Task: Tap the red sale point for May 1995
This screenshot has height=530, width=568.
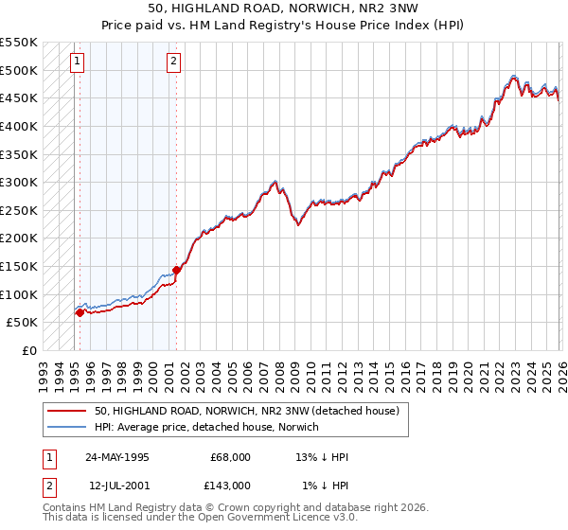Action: tap(80, 311)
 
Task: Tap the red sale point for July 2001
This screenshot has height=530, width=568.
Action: tap(176, 270)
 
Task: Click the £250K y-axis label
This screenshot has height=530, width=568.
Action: tap(19, 210)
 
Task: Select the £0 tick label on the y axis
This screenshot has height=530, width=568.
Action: tap(29, 350)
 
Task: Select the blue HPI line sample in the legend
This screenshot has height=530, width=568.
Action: tap(67, 428)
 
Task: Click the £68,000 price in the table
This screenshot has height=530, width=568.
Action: tap(230, 457)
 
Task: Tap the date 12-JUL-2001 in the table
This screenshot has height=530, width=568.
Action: tap(117, 486)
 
